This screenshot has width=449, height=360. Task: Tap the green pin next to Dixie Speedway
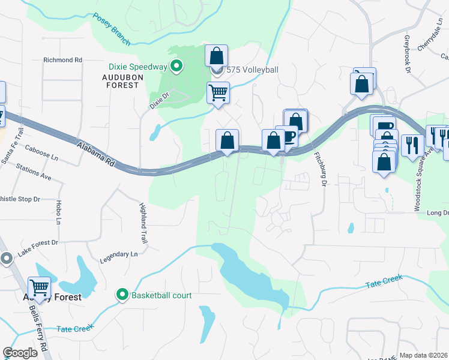click(x=176, y=66)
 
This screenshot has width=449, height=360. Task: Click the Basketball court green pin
click(x=123, y=295)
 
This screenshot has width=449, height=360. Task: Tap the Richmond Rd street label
click(x=62, y=61)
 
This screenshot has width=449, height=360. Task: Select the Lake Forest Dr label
click(x=37, y=248)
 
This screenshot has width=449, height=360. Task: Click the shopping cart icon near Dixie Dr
click(x=218, y=93)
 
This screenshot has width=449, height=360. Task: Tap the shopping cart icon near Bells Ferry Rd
click(x=39, y=288)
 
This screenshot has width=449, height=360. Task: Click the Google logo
click(x=21, y=353)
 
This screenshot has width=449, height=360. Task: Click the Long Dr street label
click(x=438, y=213)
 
